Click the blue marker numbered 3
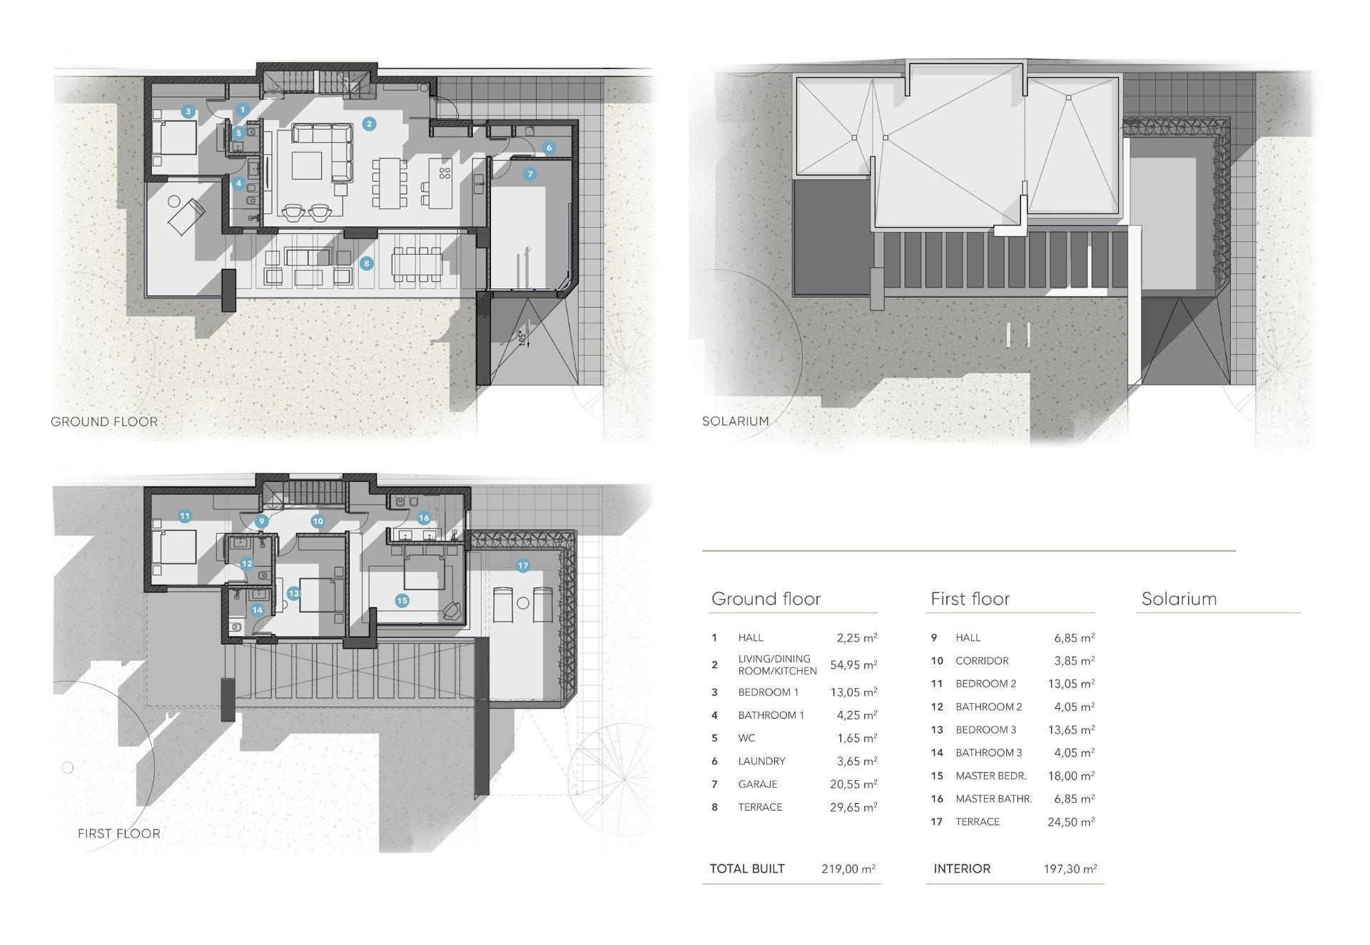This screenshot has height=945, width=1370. pyautogui.click(x=188, y=111)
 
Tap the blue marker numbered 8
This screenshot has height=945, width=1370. pyautogui.click(x=367, y=263)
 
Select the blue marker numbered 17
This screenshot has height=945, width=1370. pyautogui.click(x=523, y=565)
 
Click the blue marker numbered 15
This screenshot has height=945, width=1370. pyautogui.click(x=402, y=600)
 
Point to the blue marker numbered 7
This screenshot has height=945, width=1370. pyautogui.click(x=529, y=174)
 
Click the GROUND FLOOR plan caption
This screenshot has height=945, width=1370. pyautogui.click(x=104, y=422)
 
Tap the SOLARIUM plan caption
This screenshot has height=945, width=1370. pyautogui.click(x=735, y=421)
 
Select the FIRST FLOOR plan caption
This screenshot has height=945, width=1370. pyautogui.click(x=118, y=833)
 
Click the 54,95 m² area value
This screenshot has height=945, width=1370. pyautogui.click(x=853, y=665)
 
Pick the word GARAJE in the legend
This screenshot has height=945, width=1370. pyautogui.click(x=757, y=784)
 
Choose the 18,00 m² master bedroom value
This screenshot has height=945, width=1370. pyautogui.click(x=1070, y=776)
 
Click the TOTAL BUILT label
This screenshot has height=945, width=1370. pyautogui.click(x=746, y=869)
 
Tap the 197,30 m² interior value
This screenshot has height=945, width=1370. pyautogui.click(x=1070, y=869)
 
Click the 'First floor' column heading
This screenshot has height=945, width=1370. pyautogui.click(x=970, y=599)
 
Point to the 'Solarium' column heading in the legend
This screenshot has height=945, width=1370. pyautogui.click(x=1179, y=599)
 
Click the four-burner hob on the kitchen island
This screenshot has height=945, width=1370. pyautogui.click(x=444, y=173)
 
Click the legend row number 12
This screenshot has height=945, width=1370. pyautogui.click(x=937, y=707)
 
